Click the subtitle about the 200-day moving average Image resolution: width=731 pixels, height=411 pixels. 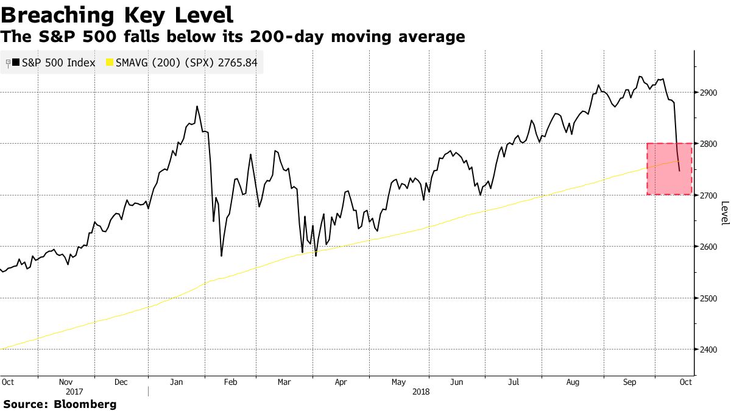[x=233, y=37]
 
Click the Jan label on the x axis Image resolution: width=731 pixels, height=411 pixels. [x=177, y=382]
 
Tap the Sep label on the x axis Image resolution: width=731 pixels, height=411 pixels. [x=630, y=382]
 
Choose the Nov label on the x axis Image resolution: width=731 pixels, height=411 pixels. [x=66, y=382]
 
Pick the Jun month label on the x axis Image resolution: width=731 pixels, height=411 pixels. [x=456, y=382]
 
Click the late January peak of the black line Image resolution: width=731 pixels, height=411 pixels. [x=197, y=107]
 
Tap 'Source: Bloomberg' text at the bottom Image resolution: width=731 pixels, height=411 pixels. [x=60, y=404]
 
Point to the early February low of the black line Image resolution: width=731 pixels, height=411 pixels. [x=221, y=256]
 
